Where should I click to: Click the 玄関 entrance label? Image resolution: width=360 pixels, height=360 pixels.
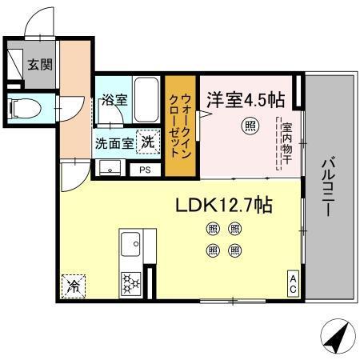click(x=40, y=65)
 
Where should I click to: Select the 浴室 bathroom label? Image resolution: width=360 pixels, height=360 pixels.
click(x=114, y=100)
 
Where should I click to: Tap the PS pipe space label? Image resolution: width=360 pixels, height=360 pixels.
click(x=145, y=170)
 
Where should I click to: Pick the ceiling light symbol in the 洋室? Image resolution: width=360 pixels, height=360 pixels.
click(x=250, y=126)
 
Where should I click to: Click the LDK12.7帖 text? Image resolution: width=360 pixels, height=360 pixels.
click(x=225, y=205)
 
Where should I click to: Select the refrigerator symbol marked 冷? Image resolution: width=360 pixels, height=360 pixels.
click(x=72, y=283)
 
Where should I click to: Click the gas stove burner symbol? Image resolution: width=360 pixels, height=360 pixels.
click(x=130, y=282)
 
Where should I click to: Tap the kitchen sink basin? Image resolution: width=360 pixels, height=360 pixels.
click(x=130, y=241)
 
